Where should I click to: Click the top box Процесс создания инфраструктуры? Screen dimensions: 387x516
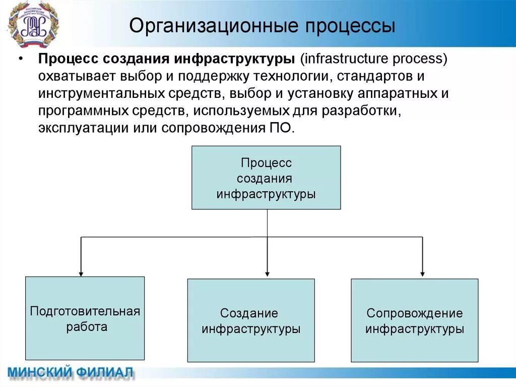click(x=266, y=178)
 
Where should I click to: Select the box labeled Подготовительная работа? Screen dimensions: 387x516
click(x=85, y=318)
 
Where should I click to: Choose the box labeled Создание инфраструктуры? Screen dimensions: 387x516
click(x=251, y=320)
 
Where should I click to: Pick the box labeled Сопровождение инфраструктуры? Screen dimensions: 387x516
click(x=414, y=320)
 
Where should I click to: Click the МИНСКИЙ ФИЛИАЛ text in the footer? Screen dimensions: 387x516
click(x=71, y=373)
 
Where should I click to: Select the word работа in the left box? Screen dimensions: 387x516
click(x=87, y=327)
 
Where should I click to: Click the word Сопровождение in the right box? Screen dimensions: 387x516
click(x=414, y=313)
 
